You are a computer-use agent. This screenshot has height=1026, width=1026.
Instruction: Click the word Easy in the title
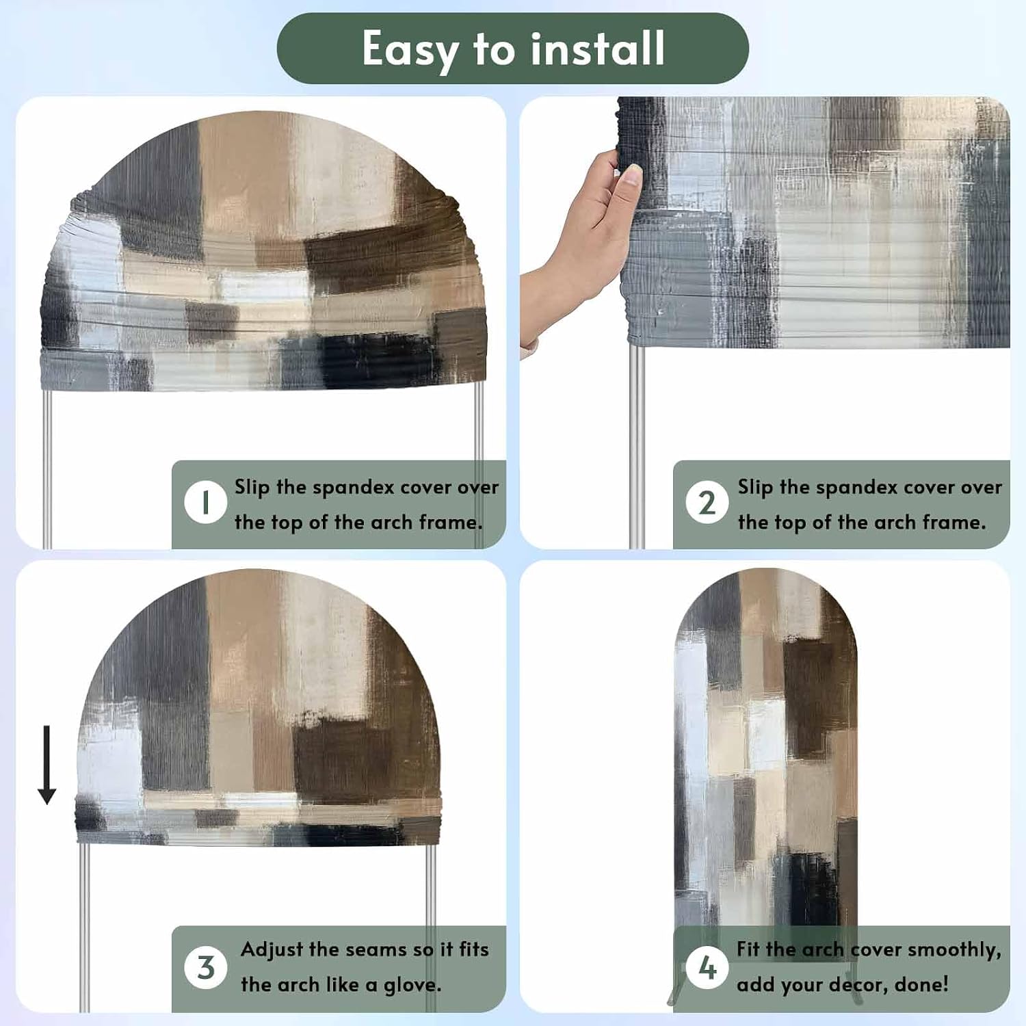tap(410, 49)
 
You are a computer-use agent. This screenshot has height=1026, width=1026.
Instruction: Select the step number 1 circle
tap(205, 503)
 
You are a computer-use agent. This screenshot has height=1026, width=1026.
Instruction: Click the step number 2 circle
tap(707, 503)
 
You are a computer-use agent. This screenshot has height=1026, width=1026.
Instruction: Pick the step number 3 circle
tap(205, 967)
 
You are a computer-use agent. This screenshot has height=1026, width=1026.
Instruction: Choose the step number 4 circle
tap(707, 967)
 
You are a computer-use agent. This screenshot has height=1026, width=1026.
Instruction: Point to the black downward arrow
tap(47, 765)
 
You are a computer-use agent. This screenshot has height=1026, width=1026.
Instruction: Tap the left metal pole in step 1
tap(47, 469)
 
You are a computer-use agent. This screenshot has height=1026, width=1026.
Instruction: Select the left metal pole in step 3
tap(84, 927)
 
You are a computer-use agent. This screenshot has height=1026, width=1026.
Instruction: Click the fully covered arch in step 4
tap(765, 752)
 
